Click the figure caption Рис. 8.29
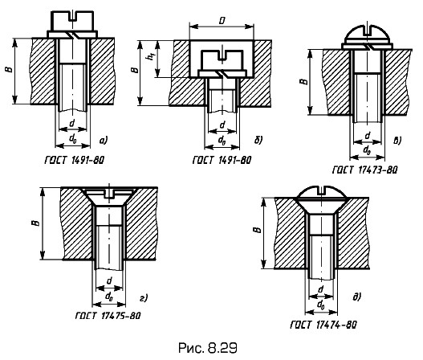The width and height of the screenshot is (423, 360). (207, 348)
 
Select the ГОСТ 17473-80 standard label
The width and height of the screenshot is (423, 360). (365, 170)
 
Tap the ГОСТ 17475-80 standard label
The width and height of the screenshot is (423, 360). (108, 316)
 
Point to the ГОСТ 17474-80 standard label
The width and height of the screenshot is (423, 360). (323, 324)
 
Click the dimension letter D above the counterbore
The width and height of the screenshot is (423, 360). (222, 21)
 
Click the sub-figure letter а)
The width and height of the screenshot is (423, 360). (104, 140)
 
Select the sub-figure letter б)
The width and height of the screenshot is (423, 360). (258, 140)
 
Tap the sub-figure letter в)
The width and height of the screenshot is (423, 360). (397, 141)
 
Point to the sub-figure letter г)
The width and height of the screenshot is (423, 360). (144, 298)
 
